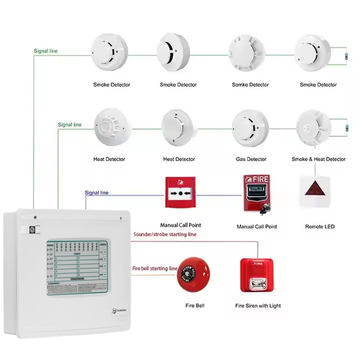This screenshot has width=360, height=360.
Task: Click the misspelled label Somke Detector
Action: coord(250,85)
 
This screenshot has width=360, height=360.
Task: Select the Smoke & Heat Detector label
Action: coord(319,159)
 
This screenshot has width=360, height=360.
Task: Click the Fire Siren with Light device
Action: coord(258,275)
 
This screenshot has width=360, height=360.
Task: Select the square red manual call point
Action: coord(180,193)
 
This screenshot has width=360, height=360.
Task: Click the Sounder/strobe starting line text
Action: coord(165,234)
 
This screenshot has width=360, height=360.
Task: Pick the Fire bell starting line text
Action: coord(155,269)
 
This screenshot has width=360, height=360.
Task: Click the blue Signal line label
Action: coord(97,193)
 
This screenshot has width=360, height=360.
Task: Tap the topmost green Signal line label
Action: coord(46,51)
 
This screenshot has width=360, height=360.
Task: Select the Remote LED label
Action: coord(319,227)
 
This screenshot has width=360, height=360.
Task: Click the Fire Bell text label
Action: coord(195,306)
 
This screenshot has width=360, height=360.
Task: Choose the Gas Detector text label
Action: coord(251,159)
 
